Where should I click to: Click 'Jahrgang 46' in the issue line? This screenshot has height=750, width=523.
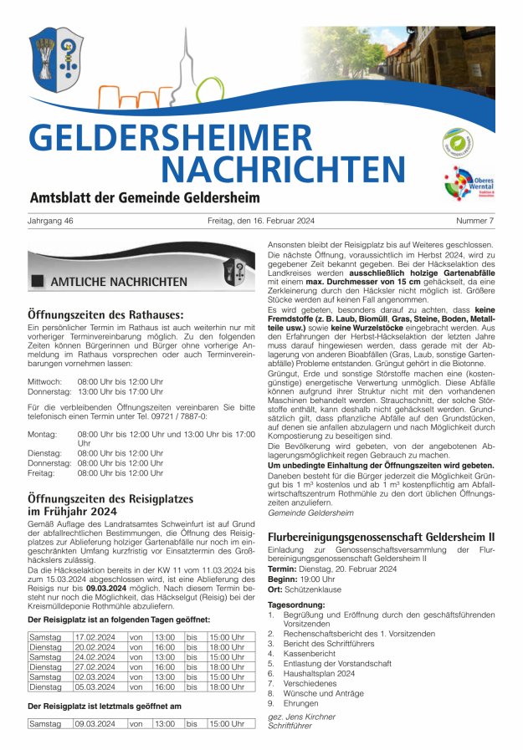pos(51,222)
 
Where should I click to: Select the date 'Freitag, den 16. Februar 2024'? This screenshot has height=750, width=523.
pos(259,222)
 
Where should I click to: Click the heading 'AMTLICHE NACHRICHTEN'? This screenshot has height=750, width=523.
pos(119,282)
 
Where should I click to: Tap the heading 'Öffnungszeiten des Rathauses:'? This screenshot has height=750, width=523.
pos(105,314)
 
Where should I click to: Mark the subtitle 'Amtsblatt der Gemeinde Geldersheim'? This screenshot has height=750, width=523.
pos(145,198)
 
